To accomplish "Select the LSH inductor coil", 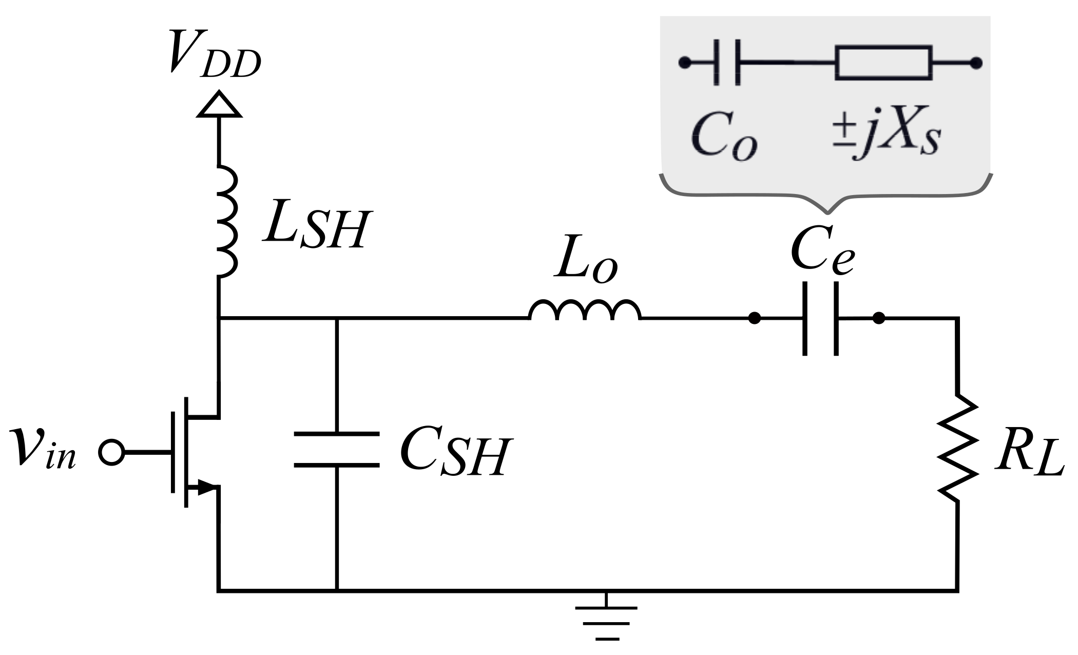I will pyautogui.click(x=226, y=221).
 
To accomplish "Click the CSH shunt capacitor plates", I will pyautogui.click(x=337, y=450).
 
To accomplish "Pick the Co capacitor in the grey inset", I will pyautogui.click(x=727, y=63).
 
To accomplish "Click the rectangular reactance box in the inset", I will pyautogui.click(x=883, y=63).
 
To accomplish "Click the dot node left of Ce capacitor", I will pyautogui.click(x=754, y=318).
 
